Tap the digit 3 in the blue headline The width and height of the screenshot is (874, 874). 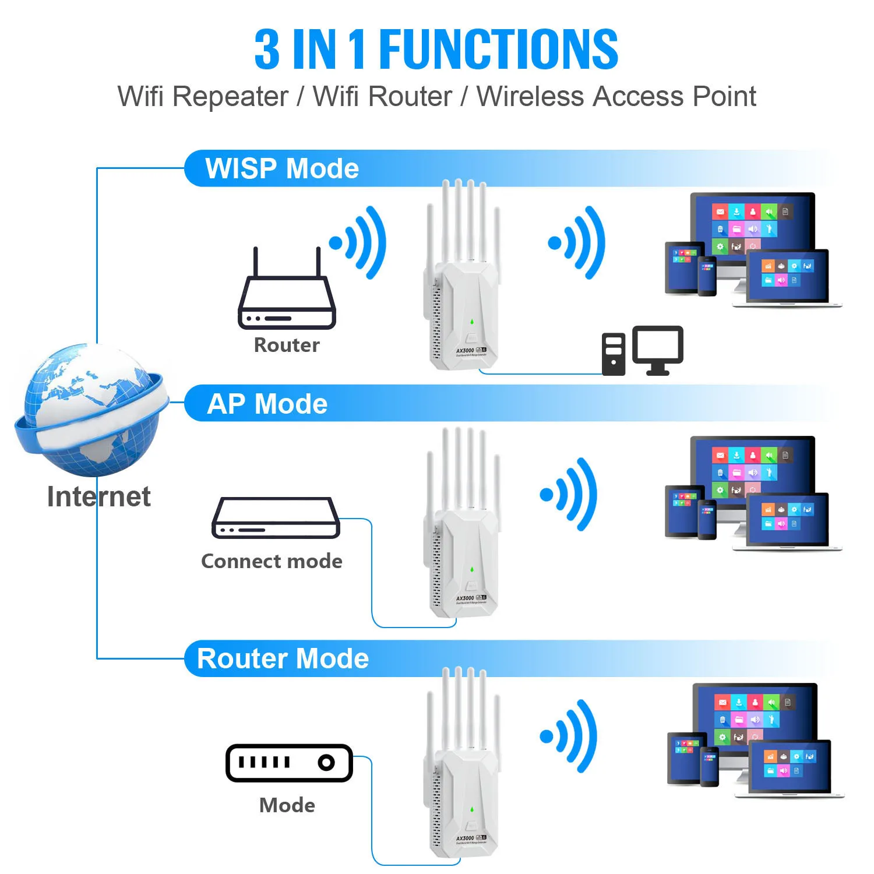click(267, 50)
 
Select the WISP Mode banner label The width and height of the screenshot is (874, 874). click(282, 169)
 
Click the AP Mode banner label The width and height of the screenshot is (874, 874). click(267, 404)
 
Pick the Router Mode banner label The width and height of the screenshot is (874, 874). click(283, 659)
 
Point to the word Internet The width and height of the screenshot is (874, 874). click(98, 497)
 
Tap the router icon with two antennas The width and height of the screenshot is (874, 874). click(287, 294)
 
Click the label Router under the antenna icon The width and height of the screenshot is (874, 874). click(287, 345)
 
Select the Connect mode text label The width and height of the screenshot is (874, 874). click(272, 561)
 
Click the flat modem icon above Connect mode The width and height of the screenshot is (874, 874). click(276, 518)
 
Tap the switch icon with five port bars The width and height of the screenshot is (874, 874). click(289, 763)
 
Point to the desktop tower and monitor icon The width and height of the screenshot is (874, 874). click(642, 351)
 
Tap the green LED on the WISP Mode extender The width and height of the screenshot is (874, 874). click(472, 321)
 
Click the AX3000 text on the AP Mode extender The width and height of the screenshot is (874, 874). click(465, 598)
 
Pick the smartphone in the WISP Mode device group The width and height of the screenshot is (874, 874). click(707, 276)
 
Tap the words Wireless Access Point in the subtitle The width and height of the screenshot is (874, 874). click(616, 96)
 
